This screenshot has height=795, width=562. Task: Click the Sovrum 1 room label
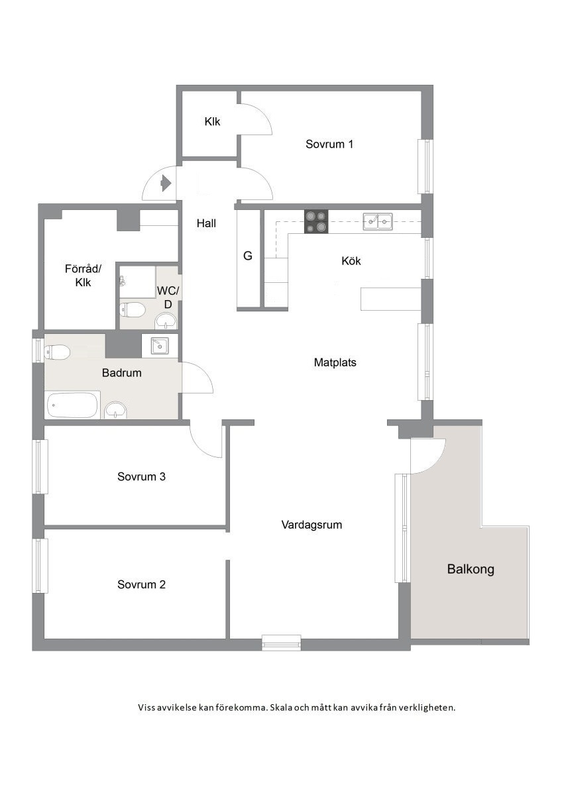[329, 144]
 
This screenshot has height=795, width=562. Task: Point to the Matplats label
[335, 362]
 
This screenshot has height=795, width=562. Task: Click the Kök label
[351, 261]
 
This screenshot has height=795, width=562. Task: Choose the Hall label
[206, 223]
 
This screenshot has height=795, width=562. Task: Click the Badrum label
[122, 372]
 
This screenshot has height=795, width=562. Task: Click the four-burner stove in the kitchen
[316, 221]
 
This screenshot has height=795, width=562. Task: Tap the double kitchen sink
[377, 221]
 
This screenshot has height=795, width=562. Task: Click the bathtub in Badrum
[74, 405]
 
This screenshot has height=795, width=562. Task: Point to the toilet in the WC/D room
[133, 310]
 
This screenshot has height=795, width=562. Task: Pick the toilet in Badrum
[57, 352]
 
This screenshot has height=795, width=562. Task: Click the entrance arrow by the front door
[166, 183]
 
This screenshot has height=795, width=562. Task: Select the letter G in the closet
[248, 256]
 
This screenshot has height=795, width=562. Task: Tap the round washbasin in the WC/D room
[166, 321]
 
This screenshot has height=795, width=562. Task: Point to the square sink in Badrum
[160, 346]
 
